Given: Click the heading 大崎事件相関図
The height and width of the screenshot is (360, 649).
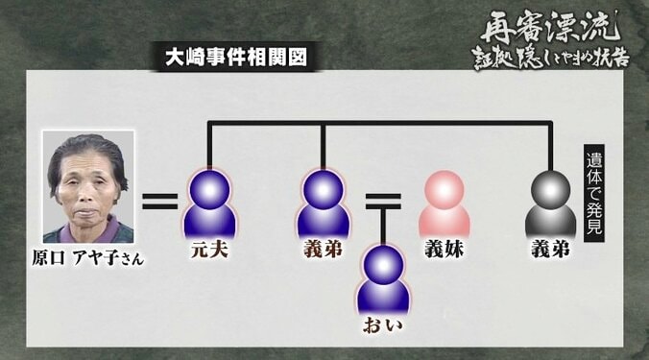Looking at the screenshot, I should tap(236, 58).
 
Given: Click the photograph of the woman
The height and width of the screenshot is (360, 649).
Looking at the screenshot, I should tap(89, 187).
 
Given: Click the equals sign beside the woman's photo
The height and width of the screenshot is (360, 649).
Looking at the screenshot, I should tap(160, 202).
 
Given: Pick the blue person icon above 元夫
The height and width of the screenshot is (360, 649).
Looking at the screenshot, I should tap(209, 202).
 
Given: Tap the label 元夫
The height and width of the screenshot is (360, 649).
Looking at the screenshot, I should tap(209, 252).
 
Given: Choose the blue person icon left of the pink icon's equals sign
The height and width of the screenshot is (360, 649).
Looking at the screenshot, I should tap(323, 202).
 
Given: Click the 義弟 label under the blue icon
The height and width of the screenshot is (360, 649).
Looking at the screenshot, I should tap(323, 252).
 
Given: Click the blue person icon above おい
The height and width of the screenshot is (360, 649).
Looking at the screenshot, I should tap(383, 278).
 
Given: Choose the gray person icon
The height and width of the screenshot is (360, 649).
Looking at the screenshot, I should tap(551, 202).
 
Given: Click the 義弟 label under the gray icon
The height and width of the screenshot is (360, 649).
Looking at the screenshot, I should tap(551, 252).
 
